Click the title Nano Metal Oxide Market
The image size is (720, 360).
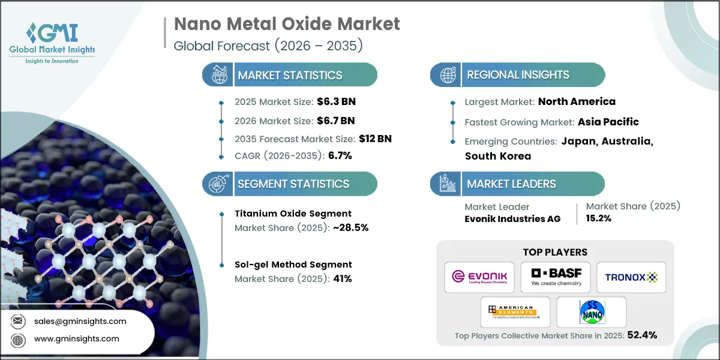click(287, 24)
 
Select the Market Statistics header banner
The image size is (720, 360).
click(290, 75)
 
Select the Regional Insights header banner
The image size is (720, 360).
click(517, 75)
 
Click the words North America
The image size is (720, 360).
click(577, 101)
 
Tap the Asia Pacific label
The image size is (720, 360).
click(608, 122)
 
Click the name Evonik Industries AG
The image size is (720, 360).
click(512, 218)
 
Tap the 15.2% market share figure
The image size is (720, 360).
click(598, 218)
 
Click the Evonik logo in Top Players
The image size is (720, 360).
click(479, 277)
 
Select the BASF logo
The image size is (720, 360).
click(555, 277)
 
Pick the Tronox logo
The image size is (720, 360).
click(631, 277)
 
